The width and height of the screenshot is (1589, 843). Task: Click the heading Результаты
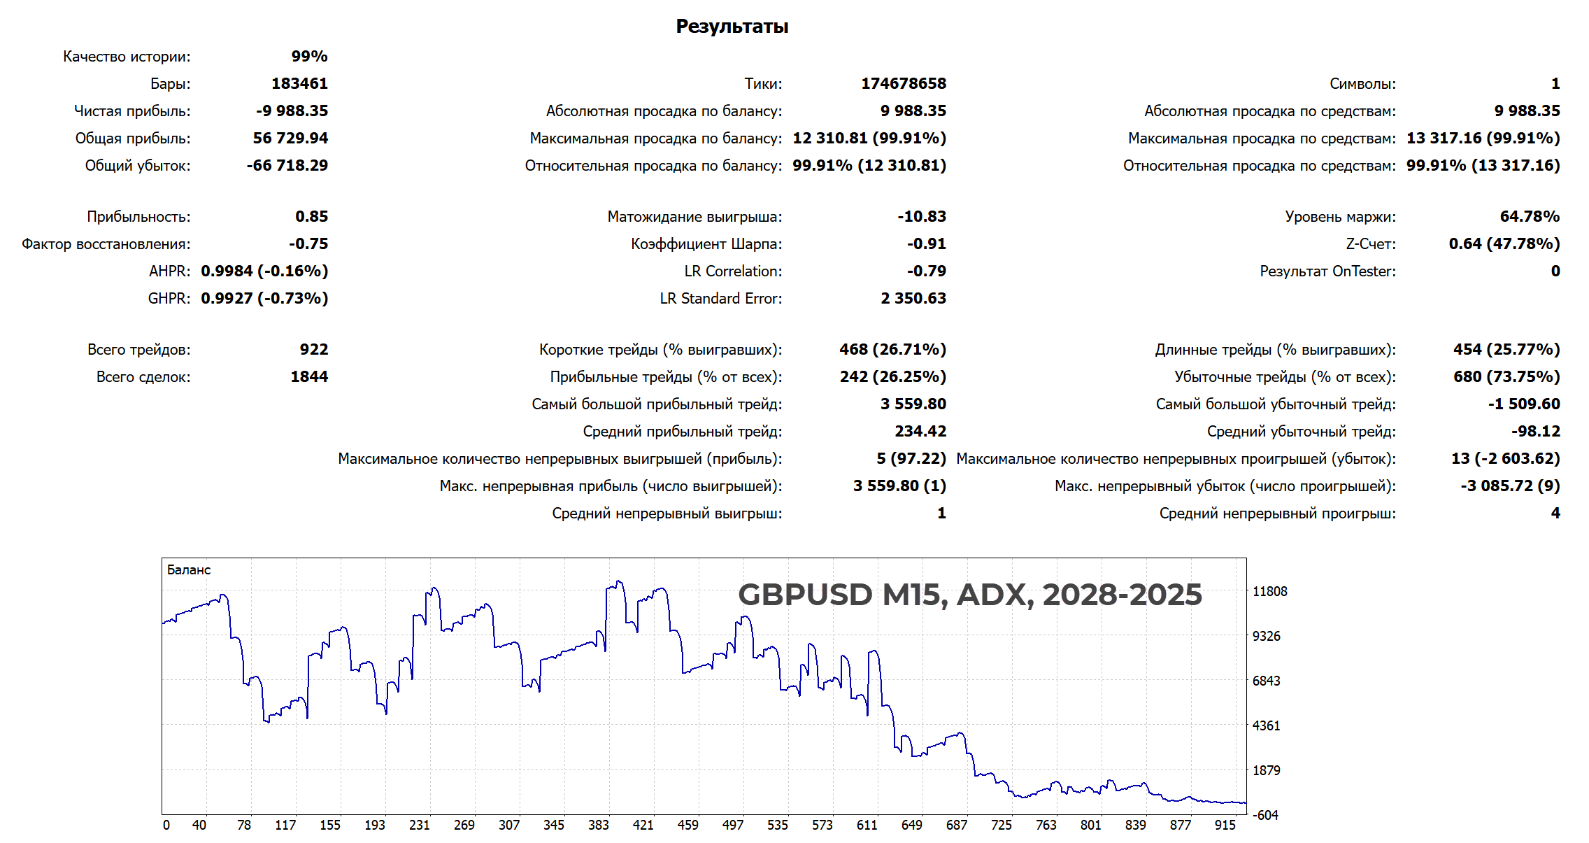point(732,27)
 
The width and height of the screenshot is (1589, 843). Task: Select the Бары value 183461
point(299,84)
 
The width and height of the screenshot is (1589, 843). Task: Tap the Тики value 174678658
point(903,84)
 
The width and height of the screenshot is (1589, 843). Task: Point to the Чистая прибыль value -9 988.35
point(292,111)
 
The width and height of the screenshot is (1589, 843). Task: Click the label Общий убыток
point(137,166)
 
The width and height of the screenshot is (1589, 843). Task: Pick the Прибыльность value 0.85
point(311,217)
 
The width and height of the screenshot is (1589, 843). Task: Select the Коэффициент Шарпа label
point(706,244)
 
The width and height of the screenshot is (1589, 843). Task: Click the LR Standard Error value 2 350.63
point(913,299)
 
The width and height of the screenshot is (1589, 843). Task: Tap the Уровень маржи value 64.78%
point(1530,217)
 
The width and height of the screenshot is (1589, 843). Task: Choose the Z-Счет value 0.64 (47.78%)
point(1504,244)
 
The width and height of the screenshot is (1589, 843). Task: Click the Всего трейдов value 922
point(314,350)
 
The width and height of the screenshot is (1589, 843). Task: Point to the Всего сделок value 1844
point(309,377)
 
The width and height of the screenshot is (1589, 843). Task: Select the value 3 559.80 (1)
point(899,486)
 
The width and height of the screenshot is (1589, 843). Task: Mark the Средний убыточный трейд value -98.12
point(1535,432)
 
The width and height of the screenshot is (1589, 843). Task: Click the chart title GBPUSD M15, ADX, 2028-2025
point(969,595)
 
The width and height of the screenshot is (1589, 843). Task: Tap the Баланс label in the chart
point(189,570)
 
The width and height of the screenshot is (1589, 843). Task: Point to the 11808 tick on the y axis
point(1269,592)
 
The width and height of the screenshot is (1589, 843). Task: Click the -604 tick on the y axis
point(1265,816)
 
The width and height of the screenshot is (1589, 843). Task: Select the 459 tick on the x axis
point(687,826)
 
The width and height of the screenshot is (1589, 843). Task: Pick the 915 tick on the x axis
point(1225,826)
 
